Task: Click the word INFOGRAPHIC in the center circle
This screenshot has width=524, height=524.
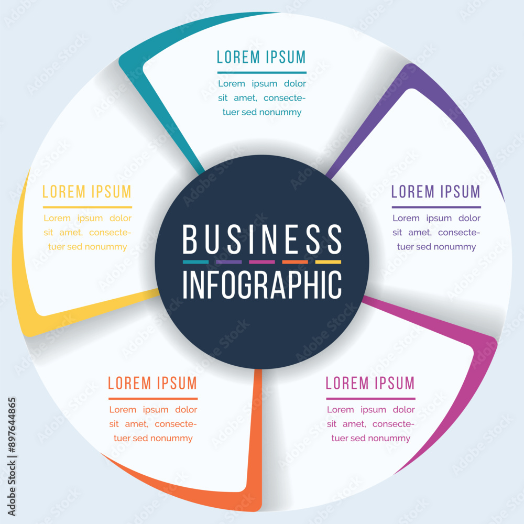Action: pyautogui.click(x=262, y=285)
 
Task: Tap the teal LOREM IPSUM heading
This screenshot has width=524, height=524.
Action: pyautogui.click(x=261, y=57)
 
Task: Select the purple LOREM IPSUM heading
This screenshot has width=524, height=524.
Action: pyautogui.click(x=436, y=192)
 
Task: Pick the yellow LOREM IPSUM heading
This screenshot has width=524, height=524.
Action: pyautogui.click(x=87, y=192)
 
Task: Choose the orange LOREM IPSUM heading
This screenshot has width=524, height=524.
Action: pyautogui.click(x=152, y=384)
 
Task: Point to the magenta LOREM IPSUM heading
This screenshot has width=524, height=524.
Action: pyautogui.click(x=370, y=384)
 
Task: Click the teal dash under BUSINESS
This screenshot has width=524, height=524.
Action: pyautogui.click(x=195, y=262)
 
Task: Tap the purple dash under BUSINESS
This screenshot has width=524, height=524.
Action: pyautogui.click(x=228, y=262)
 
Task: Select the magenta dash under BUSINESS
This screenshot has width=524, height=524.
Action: pyautogui.click(x=262, y=262)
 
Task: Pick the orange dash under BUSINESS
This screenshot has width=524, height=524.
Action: pyautogui.click(x=295, y=262)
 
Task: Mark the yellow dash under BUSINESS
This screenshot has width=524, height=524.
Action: pyautogui.click(x=328, y=262)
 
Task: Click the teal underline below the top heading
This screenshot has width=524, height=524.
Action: pyautogui.click(x=261, y=72)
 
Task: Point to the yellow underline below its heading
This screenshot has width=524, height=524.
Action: pyautogui.click(x=87, y=207)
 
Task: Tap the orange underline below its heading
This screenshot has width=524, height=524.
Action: pyautogui.click(x=153, y=399)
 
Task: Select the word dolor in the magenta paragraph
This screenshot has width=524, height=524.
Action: pyautogui.click(x=403, y=409)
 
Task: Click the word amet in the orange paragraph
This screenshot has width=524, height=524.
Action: pyautogui.click(x=136, y=424)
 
